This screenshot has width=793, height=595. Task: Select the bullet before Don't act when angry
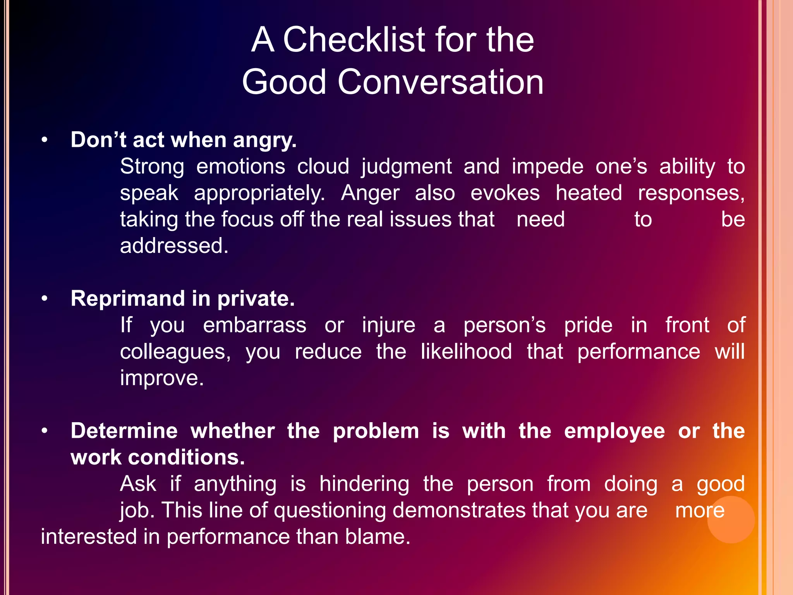pyautogui.click(x=45, y=140)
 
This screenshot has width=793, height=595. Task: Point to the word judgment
pyautogui.click(x=406, y=167)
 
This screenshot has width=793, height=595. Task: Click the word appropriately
pyautogui.click(x=259, y=193)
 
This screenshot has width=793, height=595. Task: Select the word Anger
pyautogui.click(x=370, y=193)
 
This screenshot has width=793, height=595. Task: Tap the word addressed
pyautogui.click(x=174, y=246)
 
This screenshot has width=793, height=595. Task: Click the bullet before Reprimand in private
pyautogui.click(x=45, y=299)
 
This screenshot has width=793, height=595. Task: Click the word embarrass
pyautogui.click(x=254, y=325)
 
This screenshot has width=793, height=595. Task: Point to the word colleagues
pyautogui.click(x=175, y=352)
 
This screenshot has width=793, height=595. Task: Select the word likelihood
pyautogui.click(x=466, y=351)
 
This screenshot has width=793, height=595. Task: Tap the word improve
pyautogui.click(x=161, y=378)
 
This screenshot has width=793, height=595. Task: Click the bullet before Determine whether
pyautogui.click(x=45, y=431)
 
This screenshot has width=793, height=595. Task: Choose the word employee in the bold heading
pyautogui.click(x=614, y=431)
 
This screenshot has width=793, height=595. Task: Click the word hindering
pyautogui.click(x=364, y=484)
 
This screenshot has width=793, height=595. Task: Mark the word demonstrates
pyautogui.click(x=459, y=510)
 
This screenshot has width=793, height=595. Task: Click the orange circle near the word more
pyautogui.click(x=731, y=519)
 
